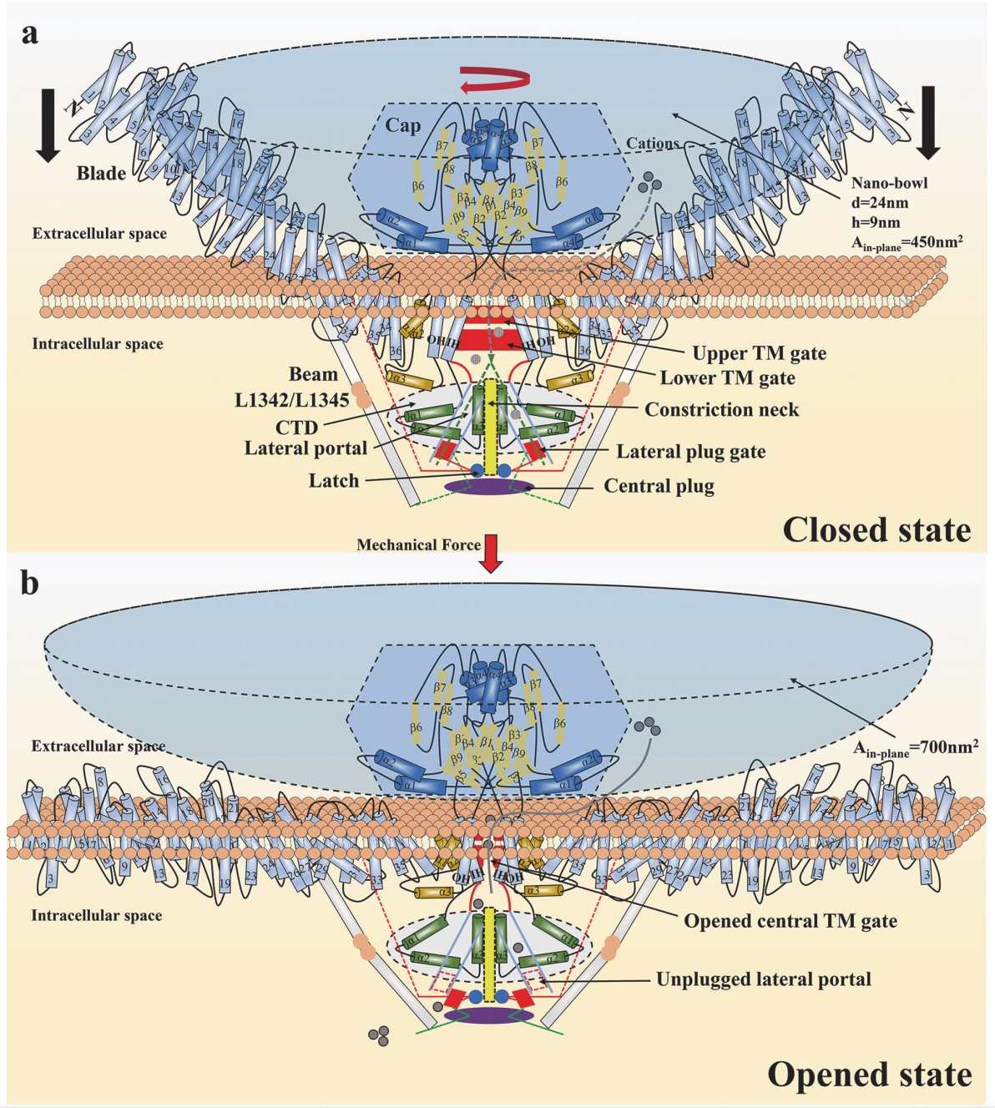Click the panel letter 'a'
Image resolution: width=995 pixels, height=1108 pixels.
point(30,34)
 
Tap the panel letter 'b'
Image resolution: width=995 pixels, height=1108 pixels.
point(30,583)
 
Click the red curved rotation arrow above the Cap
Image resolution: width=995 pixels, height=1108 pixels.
point(495,80)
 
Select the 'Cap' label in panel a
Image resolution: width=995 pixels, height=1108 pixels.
point(402,126)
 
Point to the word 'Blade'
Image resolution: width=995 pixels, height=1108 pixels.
point(101,174)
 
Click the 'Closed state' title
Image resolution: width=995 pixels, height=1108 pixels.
point(876,530)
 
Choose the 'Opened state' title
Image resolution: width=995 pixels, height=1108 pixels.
point(869,1075)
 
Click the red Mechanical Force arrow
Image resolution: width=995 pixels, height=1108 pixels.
point(492,554)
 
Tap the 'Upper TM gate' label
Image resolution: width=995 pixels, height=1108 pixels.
point(759,353)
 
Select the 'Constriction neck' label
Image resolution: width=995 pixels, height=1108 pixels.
point(721,410)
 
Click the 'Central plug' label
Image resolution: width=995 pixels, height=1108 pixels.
point(659,486)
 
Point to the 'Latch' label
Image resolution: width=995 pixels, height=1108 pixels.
point(333,481)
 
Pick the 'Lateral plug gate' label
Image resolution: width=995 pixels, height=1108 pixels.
point(690,452)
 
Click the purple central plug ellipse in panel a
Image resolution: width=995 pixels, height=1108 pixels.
point(488,486)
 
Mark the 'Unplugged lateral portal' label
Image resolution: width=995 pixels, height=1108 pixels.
point(763,979)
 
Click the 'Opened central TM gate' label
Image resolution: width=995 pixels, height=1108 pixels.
point(790,921)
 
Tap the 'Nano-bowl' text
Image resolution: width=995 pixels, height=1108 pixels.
point(889,183)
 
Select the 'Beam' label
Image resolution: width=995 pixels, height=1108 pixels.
point(313,374)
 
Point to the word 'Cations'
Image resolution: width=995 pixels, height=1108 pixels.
point(652,144)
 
